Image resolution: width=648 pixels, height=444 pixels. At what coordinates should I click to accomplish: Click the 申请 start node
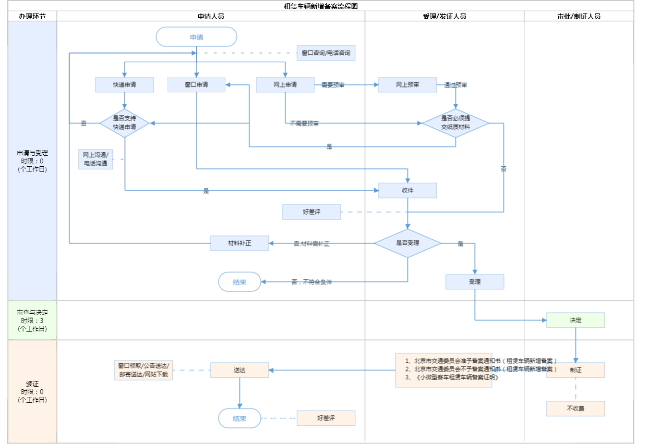pos(196,37)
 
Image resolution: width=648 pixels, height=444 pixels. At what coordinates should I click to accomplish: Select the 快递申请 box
pos(124,85)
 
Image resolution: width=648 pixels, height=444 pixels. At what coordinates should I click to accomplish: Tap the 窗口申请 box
pos(196,85)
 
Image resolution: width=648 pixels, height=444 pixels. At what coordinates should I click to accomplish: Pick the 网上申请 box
pos(285,85)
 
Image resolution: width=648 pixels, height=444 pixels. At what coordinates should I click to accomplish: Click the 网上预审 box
pos(408,85)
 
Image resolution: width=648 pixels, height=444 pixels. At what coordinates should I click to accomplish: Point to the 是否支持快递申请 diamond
pos(124,123)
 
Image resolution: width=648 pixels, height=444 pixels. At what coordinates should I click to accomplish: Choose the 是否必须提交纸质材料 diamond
pos(456,123)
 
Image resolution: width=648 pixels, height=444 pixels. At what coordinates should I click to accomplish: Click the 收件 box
pos(408,190)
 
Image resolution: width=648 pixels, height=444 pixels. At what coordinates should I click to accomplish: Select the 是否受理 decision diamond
pos(408,243)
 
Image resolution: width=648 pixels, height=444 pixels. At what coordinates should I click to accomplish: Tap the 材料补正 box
pos(240,243)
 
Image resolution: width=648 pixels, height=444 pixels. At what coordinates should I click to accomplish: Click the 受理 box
pos(475,282)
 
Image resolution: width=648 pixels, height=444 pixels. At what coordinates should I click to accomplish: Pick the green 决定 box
pos(576,320)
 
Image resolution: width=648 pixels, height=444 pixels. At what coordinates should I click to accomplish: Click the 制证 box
pos(576,370)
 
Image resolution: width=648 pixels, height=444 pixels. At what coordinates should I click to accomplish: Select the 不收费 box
pos(576,408)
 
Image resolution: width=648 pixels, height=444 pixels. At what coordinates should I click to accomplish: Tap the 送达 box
pos(240,370)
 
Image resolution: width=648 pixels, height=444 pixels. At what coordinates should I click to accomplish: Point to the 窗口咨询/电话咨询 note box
pos(326,53)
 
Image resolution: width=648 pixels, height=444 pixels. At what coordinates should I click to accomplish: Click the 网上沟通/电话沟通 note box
pos(96,159)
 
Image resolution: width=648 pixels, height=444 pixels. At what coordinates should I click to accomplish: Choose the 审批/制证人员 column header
pos(579,16)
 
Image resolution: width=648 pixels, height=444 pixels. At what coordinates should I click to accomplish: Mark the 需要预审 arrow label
pos(333,85)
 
